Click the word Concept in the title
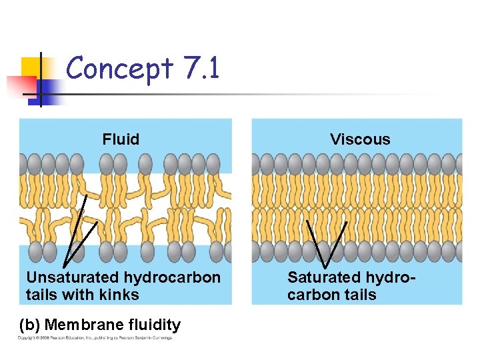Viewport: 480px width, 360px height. click(119, 69)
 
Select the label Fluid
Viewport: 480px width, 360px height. click(121, 139)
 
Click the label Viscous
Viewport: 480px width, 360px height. click(360, 139)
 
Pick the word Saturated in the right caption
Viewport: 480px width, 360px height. click(323, 277)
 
